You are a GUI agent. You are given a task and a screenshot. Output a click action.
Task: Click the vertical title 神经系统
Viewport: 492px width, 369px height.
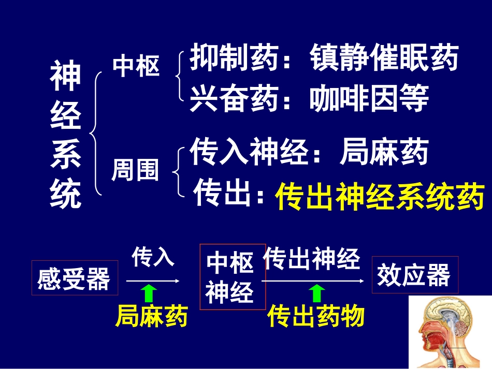click(x=66, y=134)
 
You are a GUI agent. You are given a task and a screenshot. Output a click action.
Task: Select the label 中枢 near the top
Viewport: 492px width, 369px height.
click(x=136, y=66)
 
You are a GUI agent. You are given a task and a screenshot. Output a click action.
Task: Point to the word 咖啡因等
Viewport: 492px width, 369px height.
click(x=369, y=98)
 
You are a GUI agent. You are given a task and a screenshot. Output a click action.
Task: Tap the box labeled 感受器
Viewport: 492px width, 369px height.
click(x=74, y=278)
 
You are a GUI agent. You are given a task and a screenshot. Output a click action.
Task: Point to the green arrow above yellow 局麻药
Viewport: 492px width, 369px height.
click(x=149, y=293)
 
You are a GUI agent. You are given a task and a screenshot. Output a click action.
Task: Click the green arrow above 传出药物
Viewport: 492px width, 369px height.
click(x=316, y=293)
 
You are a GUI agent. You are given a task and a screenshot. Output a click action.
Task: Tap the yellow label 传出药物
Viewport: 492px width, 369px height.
click(x=316, y=316)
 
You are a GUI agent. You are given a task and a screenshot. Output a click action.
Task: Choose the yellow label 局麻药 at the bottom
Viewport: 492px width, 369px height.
click(x=151, y=316)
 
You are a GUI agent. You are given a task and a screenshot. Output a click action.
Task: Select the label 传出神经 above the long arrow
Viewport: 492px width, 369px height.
click(x=312, y=258)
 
